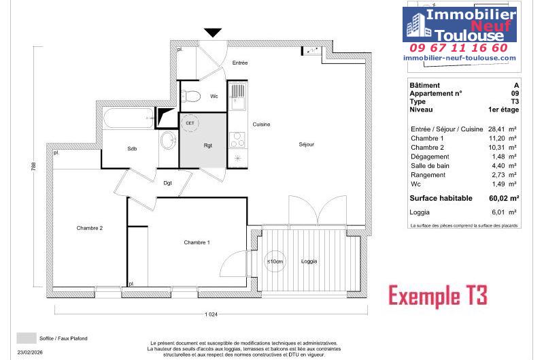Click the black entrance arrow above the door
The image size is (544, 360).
pos(213,33)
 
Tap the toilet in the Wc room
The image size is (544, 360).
pos(191,96)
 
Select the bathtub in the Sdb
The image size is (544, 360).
pos(129,118)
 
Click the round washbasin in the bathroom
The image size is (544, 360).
pos(169,141)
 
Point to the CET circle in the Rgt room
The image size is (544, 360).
pos(190,123)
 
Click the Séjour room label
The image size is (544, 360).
pos(307,144)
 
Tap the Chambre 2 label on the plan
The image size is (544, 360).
pos(90,228)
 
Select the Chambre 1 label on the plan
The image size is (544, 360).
pos(197,242)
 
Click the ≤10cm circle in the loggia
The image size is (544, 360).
pos(275,261)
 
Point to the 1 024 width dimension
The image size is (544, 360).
pos(211,314)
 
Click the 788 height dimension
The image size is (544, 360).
pos(33,167)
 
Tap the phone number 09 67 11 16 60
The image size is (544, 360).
pos(458,48)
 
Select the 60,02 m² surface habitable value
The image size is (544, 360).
pos(504,198)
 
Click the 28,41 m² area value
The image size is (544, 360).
pos(503,129)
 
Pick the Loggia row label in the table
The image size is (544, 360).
pos(420,212)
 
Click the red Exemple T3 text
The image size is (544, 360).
pos(438,296)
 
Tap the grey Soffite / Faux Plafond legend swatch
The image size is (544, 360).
pos(27,338)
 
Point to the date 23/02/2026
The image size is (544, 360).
pos(30,352)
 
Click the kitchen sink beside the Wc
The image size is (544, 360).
pos(237,96)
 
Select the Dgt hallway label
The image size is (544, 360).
pos(167,183)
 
